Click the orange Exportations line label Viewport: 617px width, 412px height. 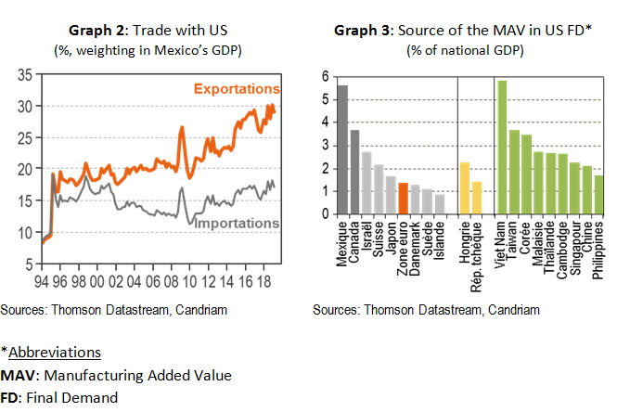237,89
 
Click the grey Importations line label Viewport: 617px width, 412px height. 238,224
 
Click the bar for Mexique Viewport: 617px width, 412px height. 342,149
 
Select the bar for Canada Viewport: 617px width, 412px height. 354,172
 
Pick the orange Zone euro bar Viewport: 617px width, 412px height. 403,199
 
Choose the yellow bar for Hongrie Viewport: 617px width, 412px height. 465,188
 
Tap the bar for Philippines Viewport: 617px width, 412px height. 598,195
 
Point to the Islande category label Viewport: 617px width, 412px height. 440,239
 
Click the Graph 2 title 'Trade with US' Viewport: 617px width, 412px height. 153,30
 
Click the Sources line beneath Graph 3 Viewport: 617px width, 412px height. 426,310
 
